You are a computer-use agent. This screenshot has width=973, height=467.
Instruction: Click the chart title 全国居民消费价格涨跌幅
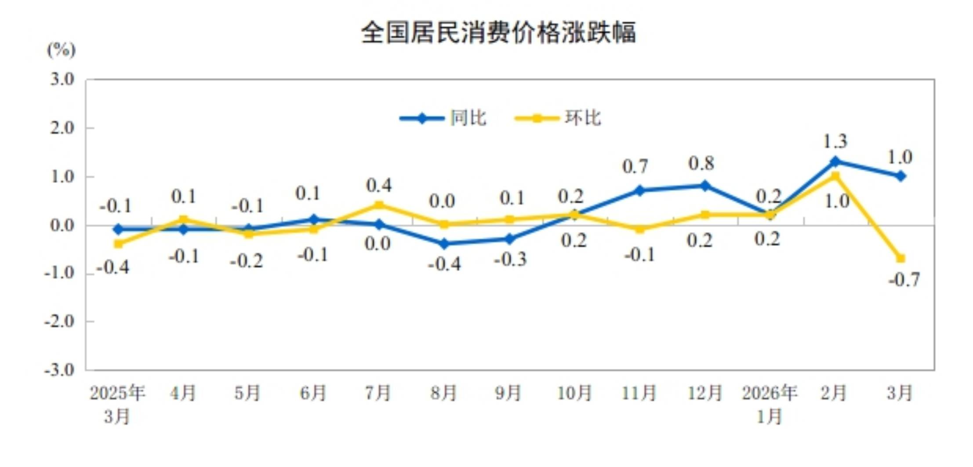pos(498,33)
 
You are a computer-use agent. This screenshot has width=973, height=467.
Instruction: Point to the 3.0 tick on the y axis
pos(62,80)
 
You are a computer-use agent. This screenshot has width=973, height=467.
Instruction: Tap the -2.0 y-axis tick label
pos(59,321)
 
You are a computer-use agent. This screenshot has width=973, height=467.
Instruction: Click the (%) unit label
pos(61,50)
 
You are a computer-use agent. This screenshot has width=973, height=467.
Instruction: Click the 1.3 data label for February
pos(835,142)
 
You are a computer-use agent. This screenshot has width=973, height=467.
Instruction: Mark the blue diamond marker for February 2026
pos(835,162)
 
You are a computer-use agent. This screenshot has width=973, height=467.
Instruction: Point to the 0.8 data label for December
pos(701,164)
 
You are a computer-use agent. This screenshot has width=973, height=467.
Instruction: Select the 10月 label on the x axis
pos(574,393)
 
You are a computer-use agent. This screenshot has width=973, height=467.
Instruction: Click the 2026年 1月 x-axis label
pos(770,404)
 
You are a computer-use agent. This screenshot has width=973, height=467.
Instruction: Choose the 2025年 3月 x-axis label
pos(117,404)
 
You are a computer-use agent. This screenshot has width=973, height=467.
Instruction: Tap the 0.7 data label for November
pos(635,167)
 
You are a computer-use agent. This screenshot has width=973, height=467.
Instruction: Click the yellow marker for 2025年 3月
pos(118,244)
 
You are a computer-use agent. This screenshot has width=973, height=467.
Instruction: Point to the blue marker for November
pos(640,190)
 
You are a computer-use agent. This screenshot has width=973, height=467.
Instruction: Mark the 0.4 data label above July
pos(379,186)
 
